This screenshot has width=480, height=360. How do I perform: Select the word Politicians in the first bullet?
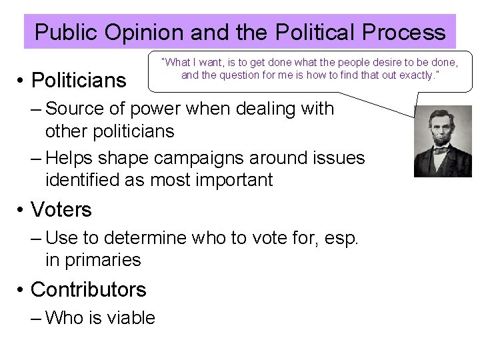79,81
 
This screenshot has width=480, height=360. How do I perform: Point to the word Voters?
61,210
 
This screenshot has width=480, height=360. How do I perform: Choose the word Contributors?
88,290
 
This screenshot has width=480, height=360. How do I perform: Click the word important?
227,179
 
